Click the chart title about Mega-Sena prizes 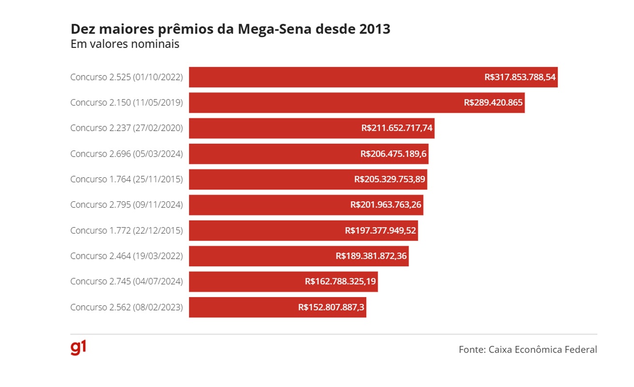click(x=230, y=29)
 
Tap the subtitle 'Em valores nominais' click(x=125, y=44)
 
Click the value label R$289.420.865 click(x=493, y=103)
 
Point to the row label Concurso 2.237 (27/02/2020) click(x=127, y=128)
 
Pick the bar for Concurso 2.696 click(x=271, y=154)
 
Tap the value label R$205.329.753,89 click(x=389, y=179)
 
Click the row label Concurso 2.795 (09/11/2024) click(x=127, y=205)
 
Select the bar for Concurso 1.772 click(x=266, y=230)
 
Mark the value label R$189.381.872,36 click(x=371, y=256)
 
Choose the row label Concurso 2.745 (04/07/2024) click(x=127, y=282)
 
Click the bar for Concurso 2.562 click(x=242, y=307)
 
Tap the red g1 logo click(x=78, y=348)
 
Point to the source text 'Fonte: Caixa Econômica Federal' click(x=528, y=349)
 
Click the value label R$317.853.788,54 click(x=520, y=77)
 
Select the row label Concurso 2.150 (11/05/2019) click(x=127, y=103)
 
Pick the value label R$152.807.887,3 click(x=331, y=307)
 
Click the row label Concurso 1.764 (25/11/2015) click(x=127, y=179)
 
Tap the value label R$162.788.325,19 click(x=340, y=282)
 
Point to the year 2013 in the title click(x=374, y=29)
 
